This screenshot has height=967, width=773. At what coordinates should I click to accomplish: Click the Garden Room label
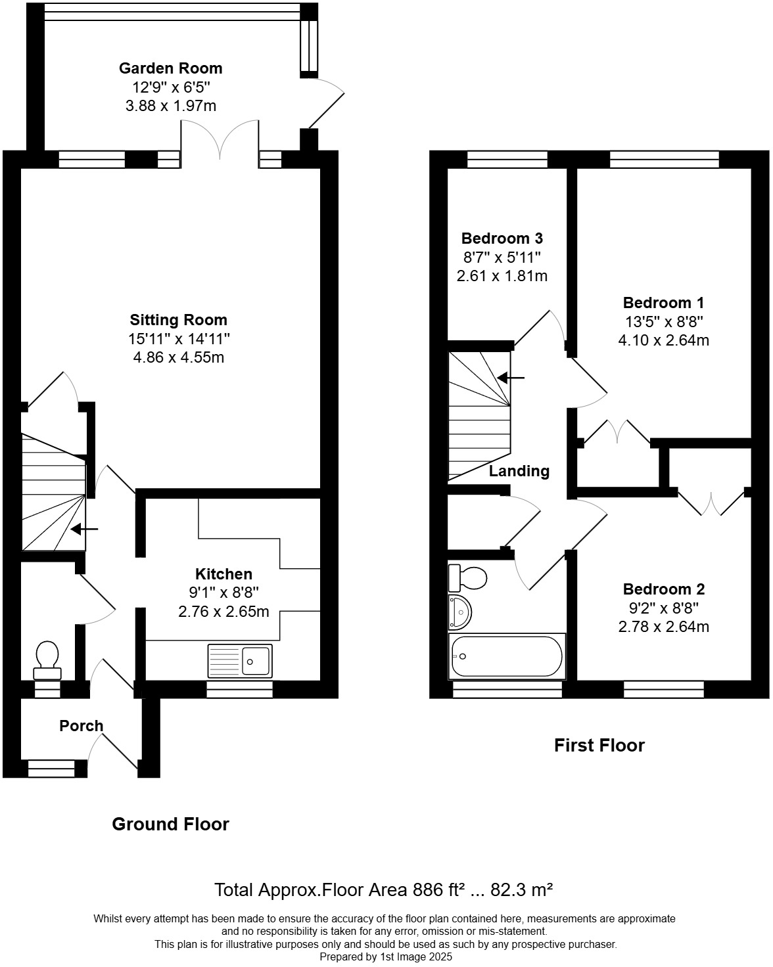[x=170, y=68]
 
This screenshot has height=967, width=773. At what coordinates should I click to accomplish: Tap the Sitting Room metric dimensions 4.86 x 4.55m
[x=178, y=357]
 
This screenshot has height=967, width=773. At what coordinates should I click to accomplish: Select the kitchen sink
[x=240, y=660]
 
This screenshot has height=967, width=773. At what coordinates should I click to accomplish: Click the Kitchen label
[x=223, y=574]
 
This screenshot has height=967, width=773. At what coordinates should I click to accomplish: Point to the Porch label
[x=82, y=726]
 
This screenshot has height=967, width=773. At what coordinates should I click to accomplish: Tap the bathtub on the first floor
[x=506, y=656]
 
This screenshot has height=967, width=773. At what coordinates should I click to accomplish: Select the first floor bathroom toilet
[x=467, y=578]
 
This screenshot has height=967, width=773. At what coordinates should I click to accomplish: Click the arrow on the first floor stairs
[x=511, y=378]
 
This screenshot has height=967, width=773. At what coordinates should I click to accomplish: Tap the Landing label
[x=519, y=471]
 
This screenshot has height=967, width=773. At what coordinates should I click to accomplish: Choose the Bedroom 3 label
[x=502, y=238]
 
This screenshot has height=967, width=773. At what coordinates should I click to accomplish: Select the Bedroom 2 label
[x=663, y=589]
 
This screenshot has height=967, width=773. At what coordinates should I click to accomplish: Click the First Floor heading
[x=599, y=745]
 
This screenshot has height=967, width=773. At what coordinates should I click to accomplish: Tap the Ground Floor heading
[x=170, y=824]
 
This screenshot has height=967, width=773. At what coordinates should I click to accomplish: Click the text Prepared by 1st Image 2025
[x=386, y=957]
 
